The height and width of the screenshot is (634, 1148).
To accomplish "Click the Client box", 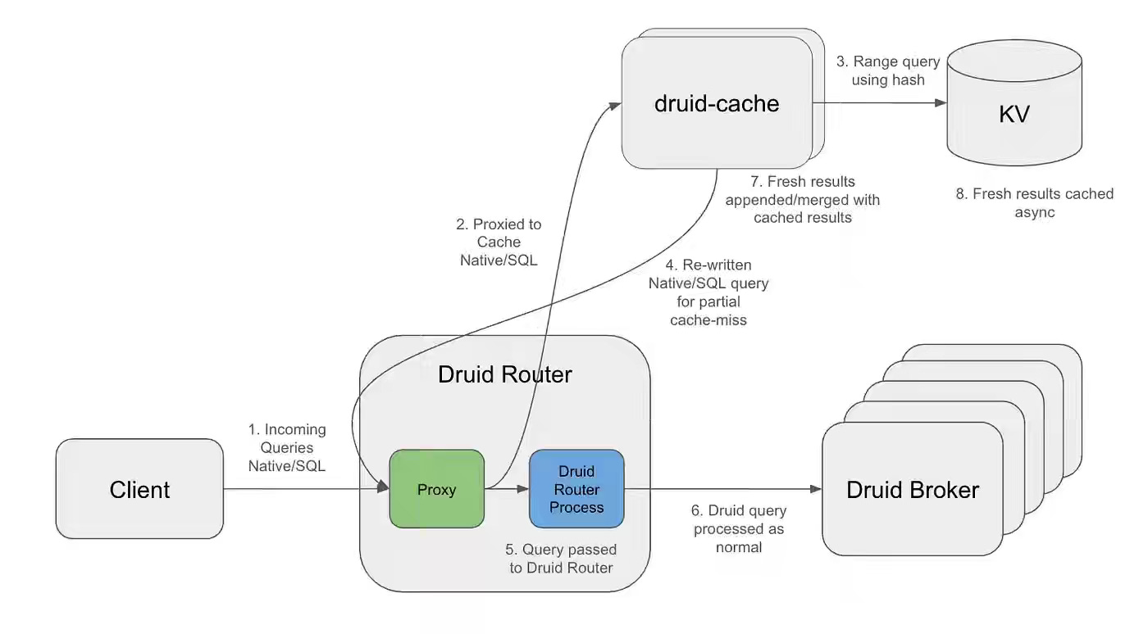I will [139, 489].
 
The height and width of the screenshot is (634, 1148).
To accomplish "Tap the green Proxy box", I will [436, 489].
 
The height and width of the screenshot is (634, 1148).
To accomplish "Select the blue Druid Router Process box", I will [576, 489].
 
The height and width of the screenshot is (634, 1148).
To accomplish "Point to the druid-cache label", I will [717, 103].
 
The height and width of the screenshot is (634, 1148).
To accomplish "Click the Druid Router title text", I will [504, 374].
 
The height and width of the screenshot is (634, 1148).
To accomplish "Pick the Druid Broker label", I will [913, 490].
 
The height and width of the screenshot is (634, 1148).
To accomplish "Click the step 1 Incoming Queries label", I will [287, 447].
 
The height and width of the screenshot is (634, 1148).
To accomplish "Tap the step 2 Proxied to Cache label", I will [499, 242].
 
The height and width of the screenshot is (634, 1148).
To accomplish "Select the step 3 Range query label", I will [889, 70].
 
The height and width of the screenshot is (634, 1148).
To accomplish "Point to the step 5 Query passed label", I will [561, 558].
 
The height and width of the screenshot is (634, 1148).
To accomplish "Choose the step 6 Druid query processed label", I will [739, 528].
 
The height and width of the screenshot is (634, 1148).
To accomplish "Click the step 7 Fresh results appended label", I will [803, 199].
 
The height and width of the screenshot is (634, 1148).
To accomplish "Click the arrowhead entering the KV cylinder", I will [941, 103].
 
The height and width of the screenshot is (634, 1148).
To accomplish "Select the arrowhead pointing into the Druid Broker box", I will [816, 490].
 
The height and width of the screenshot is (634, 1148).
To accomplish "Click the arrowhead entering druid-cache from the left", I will [615, 104].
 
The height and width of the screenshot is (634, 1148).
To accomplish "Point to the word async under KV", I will [1034, 212].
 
